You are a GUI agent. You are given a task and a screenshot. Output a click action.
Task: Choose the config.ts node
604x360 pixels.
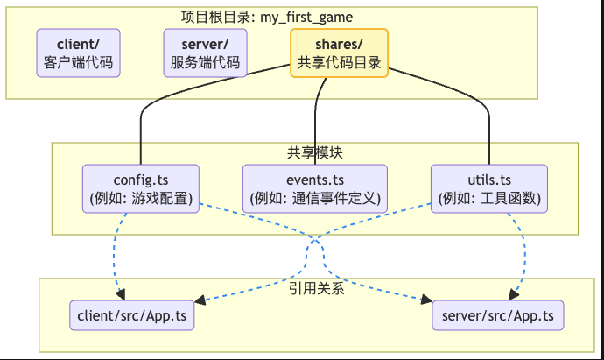[x=140, y=187]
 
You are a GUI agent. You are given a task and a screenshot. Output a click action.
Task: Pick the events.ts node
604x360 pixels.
[x=314, y=187]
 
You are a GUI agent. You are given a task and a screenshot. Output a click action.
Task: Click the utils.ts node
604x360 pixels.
[x=489, y=187]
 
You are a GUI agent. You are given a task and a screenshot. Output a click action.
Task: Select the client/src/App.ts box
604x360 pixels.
[x=132, y=314]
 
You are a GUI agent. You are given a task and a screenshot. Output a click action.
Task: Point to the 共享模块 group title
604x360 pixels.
[x=314, y=152]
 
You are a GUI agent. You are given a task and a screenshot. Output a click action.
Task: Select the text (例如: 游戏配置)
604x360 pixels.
[x=140, y=198]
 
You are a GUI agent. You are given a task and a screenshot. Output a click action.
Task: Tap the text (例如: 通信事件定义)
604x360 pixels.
[x=314, y=198]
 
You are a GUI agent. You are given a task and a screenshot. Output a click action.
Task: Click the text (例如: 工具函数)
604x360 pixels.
[x=489, y=198]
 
